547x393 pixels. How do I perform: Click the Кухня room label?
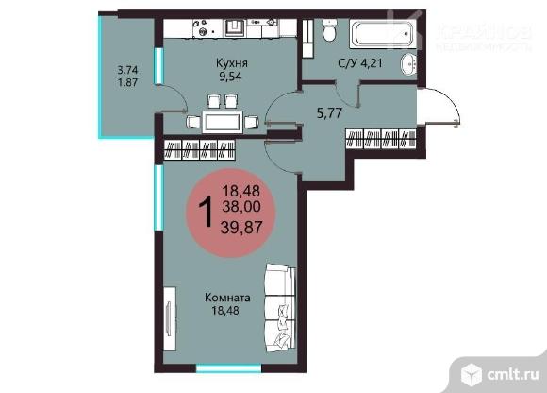click(232, 63)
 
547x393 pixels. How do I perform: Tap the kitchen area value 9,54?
click(230, 77)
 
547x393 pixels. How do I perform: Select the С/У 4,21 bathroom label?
click(360, 63)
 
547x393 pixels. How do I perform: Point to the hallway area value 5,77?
click(329, 113)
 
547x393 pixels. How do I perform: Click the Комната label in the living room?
click(227, 298)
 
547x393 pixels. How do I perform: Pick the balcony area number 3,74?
click(127, 70)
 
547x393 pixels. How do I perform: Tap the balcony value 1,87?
click(127, 83)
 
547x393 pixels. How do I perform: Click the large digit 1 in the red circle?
click(206, 212)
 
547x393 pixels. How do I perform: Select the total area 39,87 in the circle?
click(241, 228)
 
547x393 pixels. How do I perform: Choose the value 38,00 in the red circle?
click(241, 207)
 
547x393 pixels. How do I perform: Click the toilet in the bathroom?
click(329, 30)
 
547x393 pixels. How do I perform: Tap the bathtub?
click(383, 34)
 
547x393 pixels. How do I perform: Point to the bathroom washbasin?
click(408, 64)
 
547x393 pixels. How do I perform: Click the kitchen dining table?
click(223, 122)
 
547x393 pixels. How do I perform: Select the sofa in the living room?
click(280, 308)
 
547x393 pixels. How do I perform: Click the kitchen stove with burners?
click(206, 28)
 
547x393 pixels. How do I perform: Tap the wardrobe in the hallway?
click(381, 139)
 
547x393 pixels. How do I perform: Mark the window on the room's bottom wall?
click(228, 368)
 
